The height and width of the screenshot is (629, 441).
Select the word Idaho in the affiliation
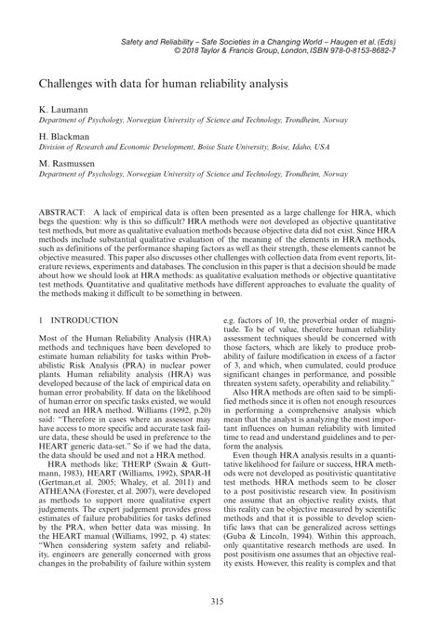(317, 147)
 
